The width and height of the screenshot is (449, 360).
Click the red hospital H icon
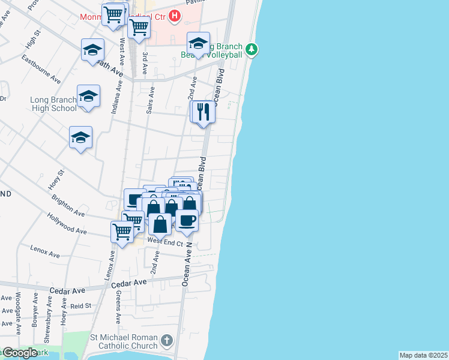[175, 16]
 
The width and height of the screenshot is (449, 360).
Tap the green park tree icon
[253, 48]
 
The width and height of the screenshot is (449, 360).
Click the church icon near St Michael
[166, 341]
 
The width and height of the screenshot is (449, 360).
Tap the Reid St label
[80, 306]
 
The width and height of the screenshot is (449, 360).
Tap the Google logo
[20, 353]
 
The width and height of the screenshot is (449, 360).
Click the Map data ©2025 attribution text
[424, 355]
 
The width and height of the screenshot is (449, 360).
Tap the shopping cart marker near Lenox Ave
[122, 232]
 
